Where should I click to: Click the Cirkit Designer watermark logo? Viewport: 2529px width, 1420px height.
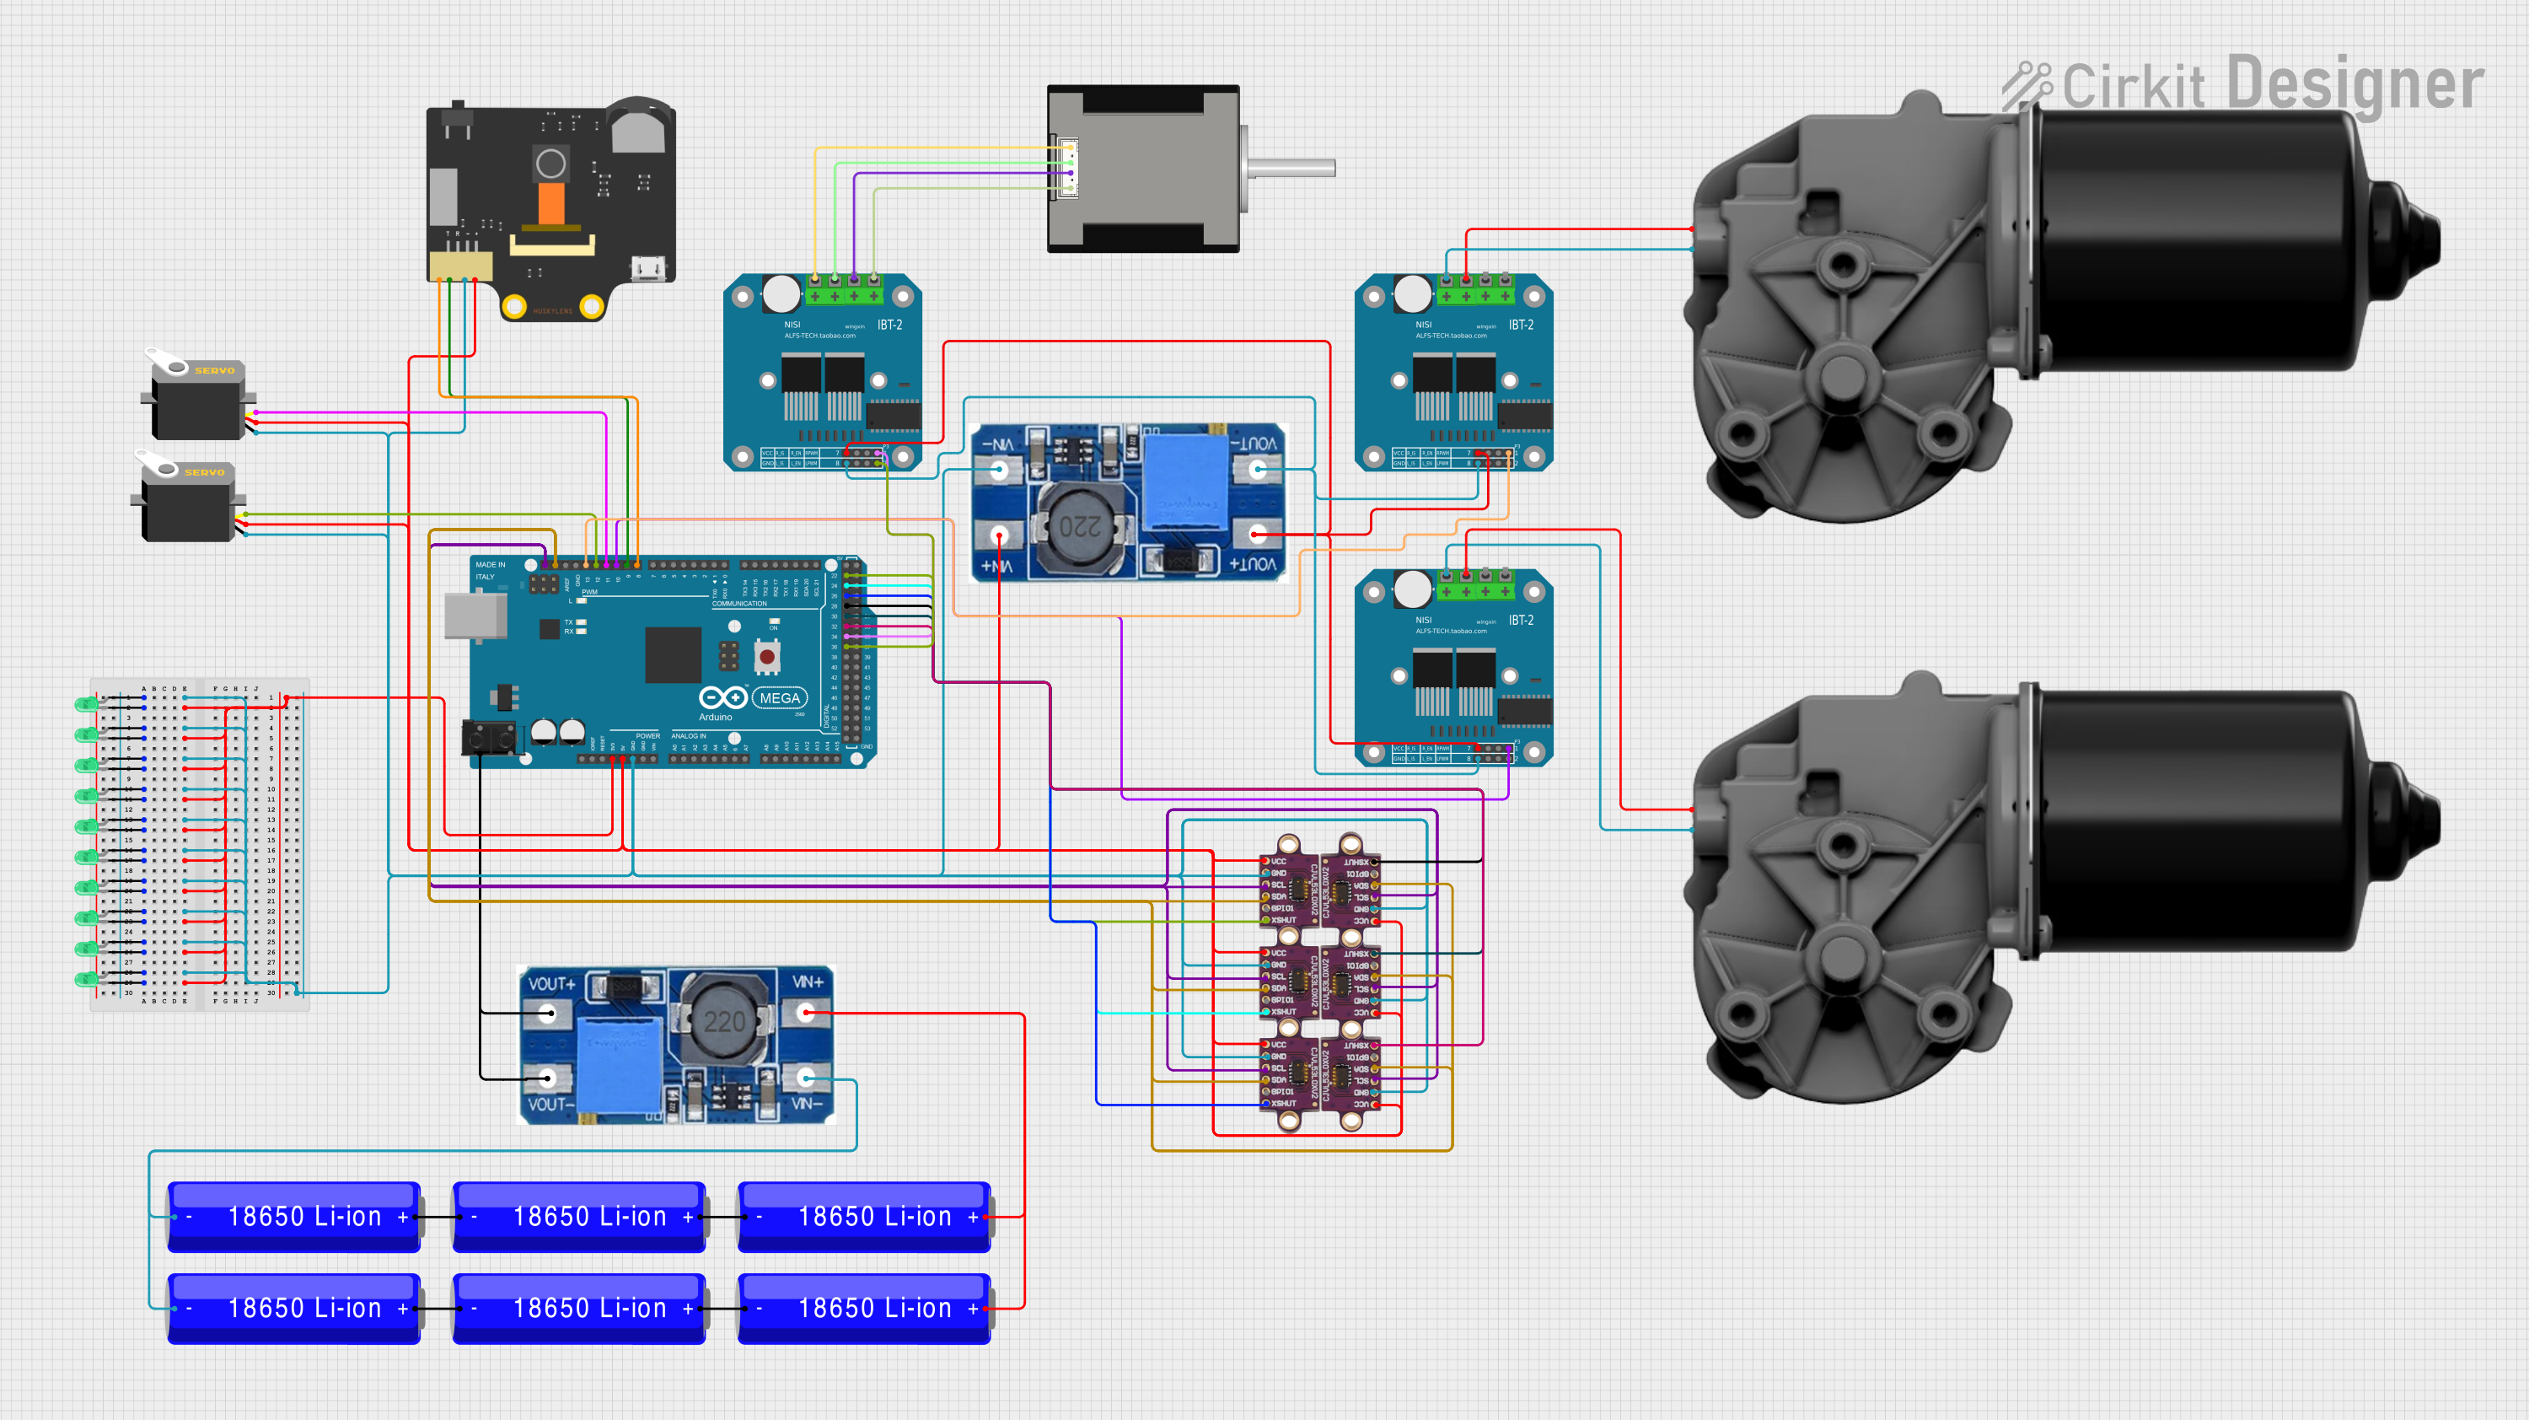coord(2243,85)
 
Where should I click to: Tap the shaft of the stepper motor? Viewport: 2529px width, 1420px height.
coord(1291,168)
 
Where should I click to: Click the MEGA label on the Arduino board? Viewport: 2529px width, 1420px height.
coord(780,698)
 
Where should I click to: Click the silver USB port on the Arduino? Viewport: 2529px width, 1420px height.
coord(475,616)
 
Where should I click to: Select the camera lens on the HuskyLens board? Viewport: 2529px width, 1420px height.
coord(550,164)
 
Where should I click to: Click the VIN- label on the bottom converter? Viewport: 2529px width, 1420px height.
coord(806,1104)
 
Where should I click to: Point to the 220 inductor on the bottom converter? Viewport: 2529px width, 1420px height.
coord(723,1021)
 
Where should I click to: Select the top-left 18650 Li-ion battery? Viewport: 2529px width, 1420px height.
coord(294,1217)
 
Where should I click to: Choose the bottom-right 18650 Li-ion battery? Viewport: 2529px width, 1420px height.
coord(864,1308)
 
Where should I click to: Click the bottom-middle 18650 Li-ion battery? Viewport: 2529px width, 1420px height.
coord(579,1308)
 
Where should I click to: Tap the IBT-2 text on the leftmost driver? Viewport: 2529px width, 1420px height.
coord(889,325)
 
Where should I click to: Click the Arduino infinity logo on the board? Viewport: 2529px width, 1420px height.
coord(723,697)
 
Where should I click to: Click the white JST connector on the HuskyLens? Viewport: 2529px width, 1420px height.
coord(460,266)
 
